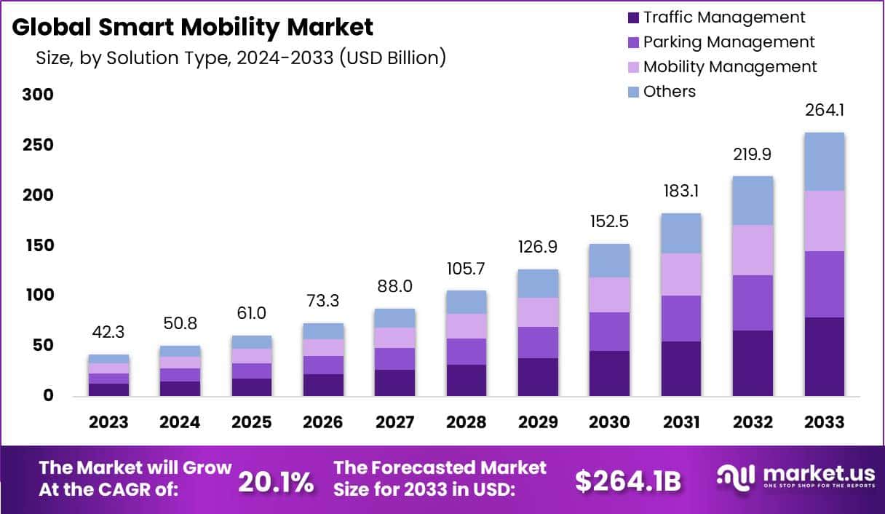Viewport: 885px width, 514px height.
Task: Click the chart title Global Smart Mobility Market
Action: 193,27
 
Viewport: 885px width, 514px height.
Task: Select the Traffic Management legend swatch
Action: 632,17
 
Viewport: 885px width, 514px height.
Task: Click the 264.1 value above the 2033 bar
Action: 824,111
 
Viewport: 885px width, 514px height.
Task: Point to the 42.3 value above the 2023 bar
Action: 108,332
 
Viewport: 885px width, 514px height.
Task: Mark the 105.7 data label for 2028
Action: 466,269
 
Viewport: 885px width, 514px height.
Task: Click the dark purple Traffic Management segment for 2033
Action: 824,357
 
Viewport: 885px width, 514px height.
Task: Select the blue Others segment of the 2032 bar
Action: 753,200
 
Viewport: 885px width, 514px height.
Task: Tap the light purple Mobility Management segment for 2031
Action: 681,274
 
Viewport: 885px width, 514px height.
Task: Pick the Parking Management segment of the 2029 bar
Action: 537,342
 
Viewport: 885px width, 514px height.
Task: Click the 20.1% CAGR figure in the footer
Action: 276,481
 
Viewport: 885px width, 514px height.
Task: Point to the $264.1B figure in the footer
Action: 627,481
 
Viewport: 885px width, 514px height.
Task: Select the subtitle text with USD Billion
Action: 241,58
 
